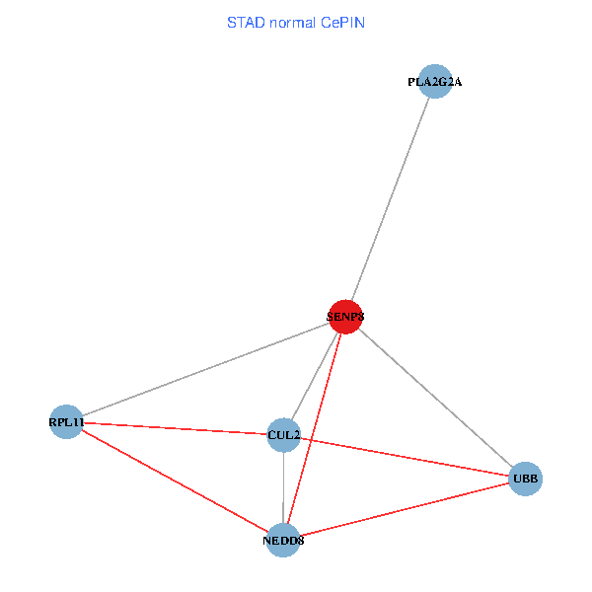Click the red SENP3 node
coord(345,317)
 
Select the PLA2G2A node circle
coord(434,82)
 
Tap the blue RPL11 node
coord(65,422)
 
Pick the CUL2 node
coord(284,435)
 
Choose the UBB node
coord(525,480)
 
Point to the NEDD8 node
coord(284,540)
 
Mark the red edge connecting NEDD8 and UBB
coord(405,510)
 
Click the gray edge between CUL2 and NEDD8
coord(284,487)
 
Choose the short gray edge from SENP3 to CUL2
coord(315,376)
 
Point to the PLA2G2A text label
coord(434,83)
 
